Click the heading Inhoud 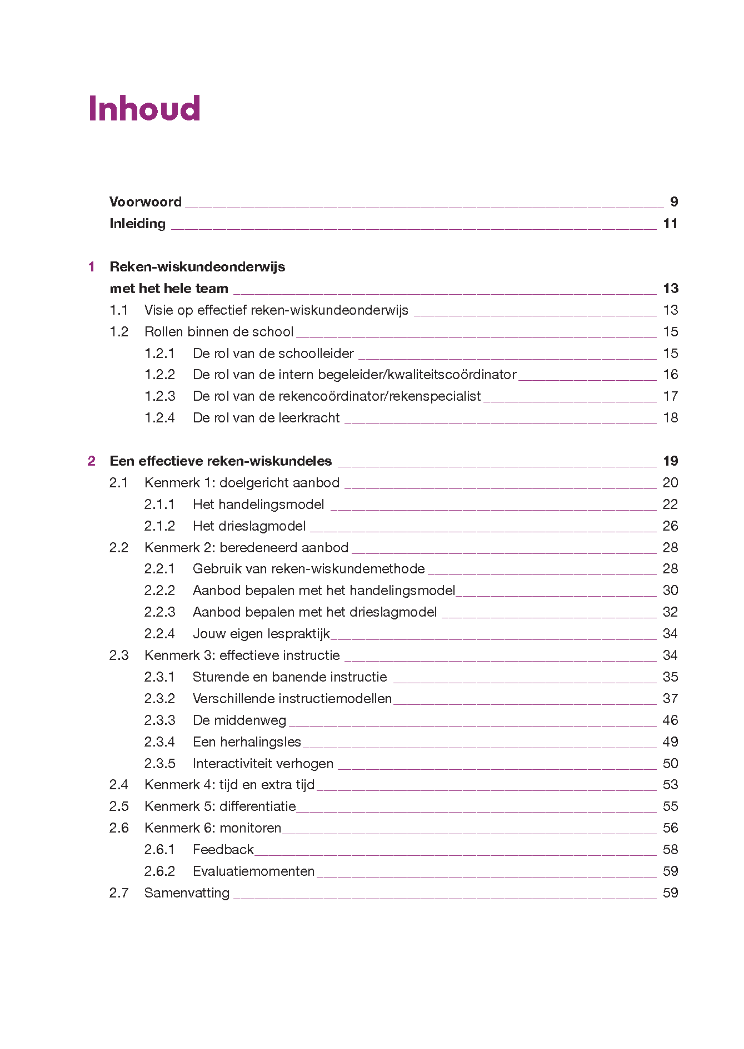click(144, 108)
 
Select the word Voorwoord click(146, 202)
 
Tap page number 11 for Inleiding click(670, 224)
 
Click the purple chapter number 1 click(92, 267)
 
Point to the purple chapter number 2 click(92, 461)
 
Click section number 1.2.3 click(159, 396)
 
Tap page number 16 click(670, 375)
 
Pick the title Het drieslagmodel click(249, 526)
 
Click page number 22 click(670, 505)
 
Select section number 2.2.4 click(159, 634)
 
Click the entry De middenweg click(239, 720)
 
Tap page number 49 click(670, 742)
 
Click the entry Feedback click(223, 850)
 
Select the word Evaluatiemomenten click(253, 871)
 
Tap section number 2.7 click(119, 893)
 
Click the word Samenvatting click(187, 893)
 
